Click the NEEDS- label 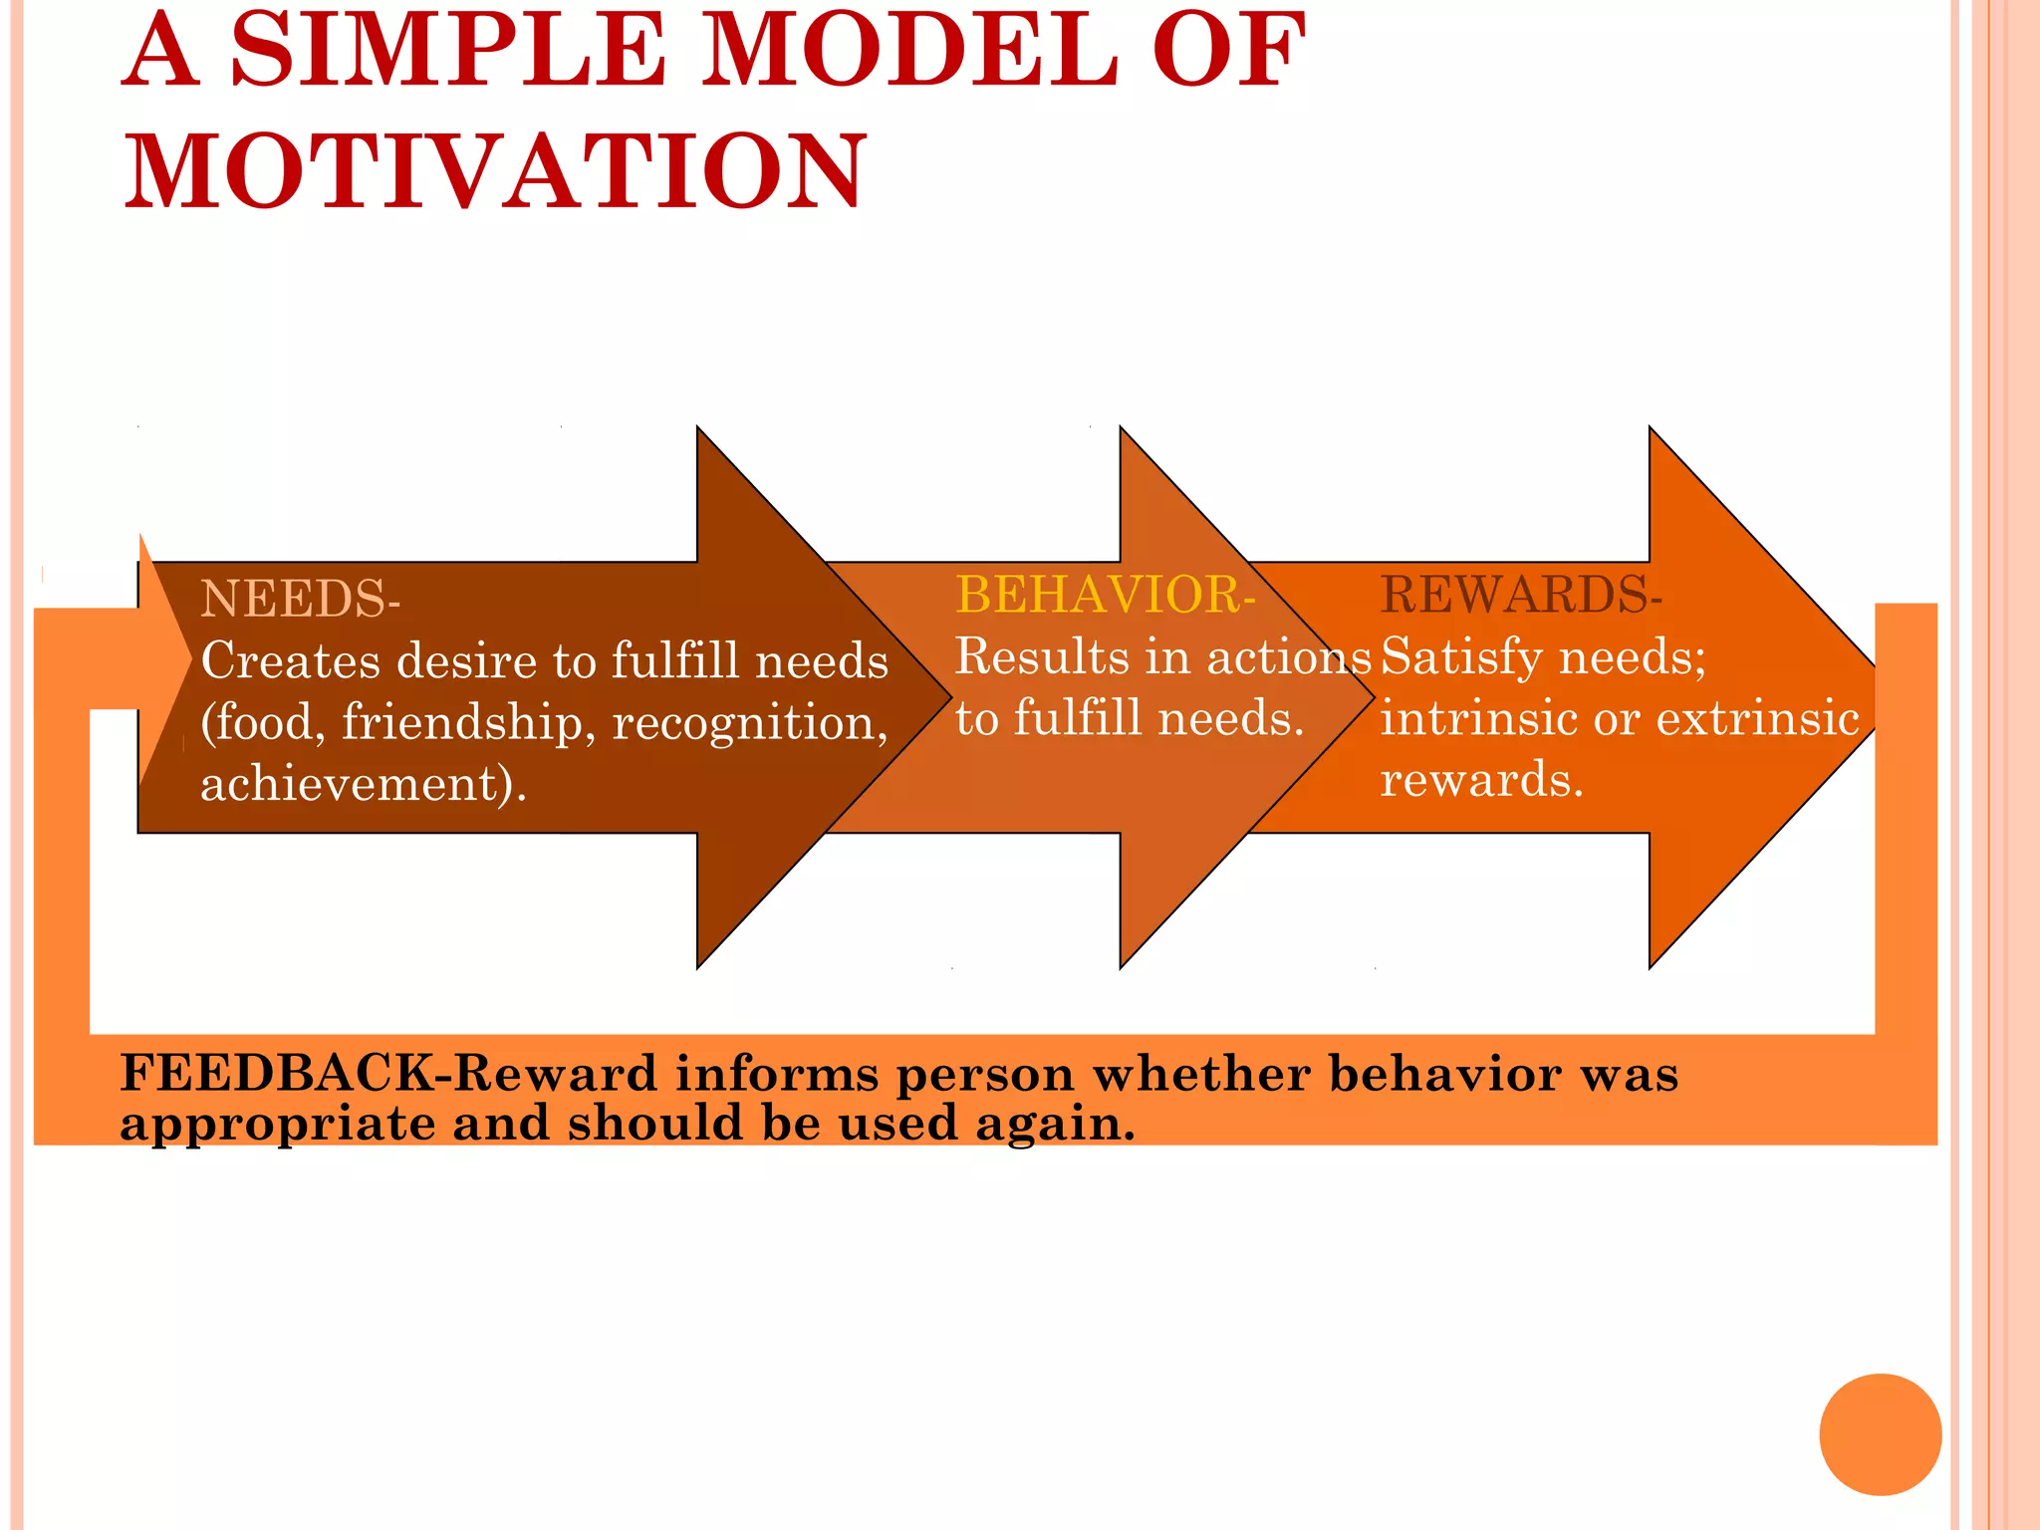click(300, 600)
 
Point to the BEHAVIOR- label click(1104, 595)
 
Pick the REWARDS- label click(1520, 595)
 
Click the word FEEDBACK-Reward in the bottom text click(388, 1074)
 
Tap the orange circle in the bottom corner click(1880, 1434)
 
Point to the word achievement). click(363, 783)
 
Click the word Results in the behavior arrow click(1042, 656)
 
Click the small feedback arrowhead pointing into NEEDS click(159, 657)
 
